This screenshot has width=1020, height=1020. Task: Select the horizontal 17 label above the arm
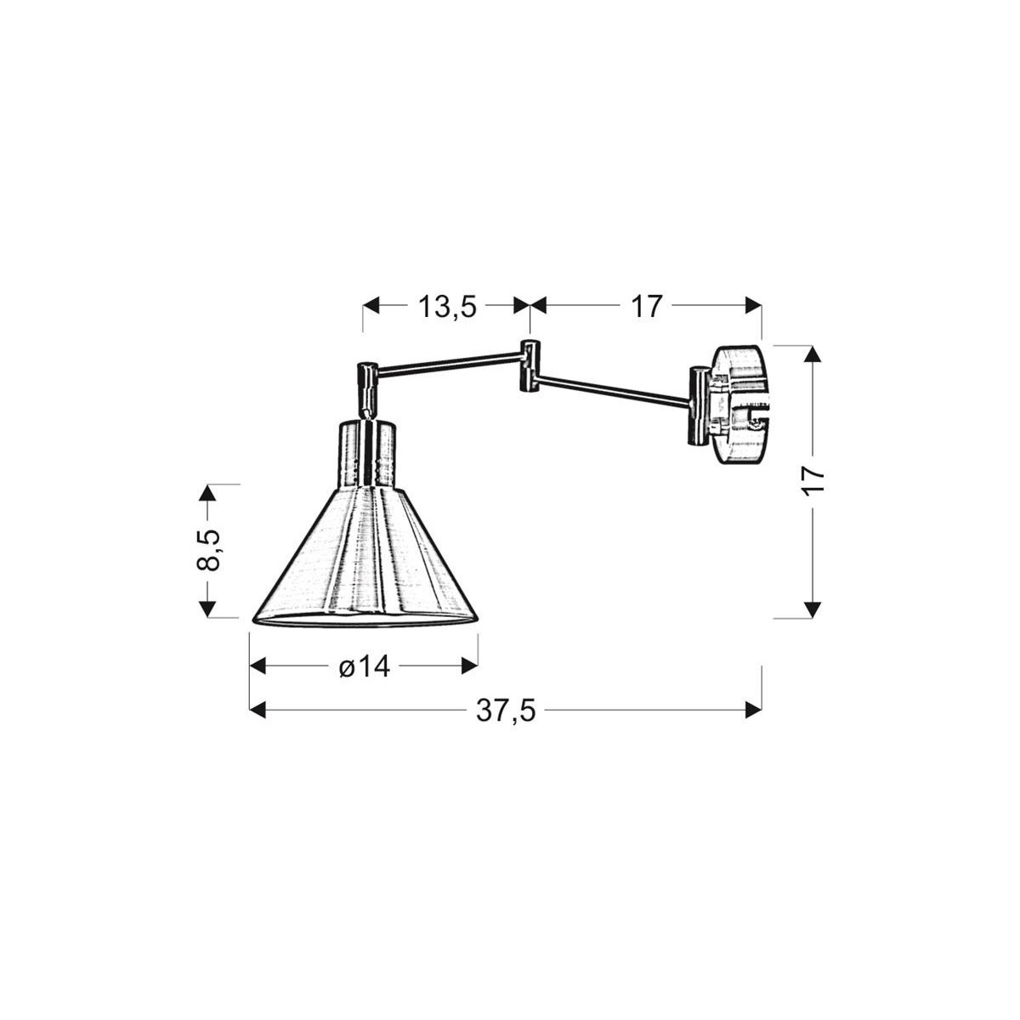tap(646, 306)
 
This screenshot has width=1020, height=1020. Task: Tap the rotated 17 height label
tap(814, 480)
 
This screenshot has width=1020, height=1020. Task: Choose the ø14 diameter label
tap(364, 666)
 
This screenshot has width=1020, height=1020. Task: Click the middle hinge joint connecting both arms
tap(529, 366)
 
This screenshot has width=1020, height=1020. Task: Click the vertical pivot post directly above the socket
tap(367, 388)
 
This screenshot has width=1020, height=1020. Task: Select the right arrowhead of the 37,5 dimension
tap(752, 709)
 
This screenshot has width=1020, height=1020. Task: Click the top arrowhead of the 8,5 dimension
tap(207, 494)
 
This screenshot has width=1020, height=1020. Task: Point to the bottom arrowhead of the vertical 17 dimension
tap(814, 608)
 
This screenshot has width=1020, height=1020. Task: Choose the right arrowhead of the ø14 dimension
tap(469, 666)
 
